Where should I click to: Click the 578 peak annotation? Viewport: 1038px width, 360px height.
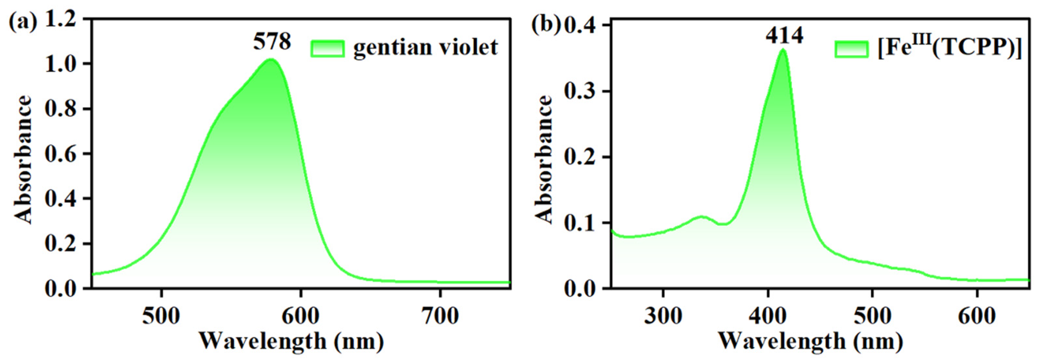click(272, 42)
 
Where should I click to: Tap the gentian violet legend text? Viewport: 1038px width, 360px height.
click(426, 48)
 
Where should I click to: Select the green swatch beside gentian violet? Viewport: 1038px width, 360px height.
click(327, 49)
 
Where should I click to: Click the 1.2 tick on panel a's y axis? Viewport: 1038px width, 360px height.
click(60, 19)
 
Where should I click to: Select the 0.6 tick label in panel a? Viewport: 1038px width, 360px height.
click(60, 154)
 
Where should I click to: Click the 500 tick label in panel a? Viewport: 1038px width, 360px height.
click(161, 316)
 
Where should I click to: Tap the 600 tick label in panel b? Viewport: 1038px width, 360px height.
click(977, 316)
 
